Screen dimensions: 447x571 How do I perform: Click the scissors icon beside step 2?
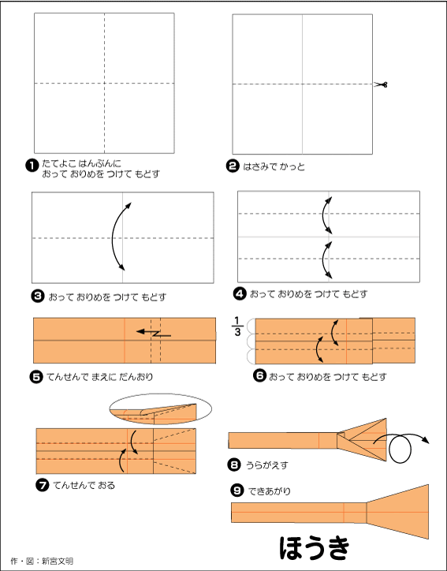click(381, 84)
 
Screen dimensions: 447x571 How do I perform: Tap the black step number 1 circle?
click(32, 166)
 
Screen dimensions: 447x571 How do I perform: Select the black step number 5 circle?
click(36, 376)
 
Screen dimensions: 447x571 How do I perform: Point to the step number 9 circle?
click(237, 491)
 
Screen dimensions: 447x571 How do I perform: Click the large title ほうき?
click(315, 547)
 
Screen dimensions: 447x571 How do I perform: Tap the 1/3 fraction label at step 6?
click(237, 326)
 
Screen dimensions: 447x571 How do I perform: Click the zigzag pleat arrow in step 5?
click(154, 333)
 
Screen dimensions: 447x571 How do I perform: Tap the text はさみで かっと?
click(274, 166)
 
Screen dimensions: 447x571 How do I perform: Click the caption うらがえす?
click(266, 465)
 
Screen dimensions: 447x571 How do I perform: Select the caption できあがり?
click(270, 491)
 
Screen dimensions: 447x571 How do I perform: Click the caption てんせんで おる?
click(84, 485)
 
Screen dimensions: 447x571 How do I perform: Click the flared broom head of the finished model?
click(397, 512)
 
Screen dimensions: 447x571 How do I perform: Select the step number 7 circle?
click(43, 485)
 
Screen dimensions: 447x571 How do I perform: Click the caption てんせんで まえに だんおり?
click(100, 376)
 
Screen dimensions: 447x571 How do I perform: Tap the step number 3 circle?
click(38, 296)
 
